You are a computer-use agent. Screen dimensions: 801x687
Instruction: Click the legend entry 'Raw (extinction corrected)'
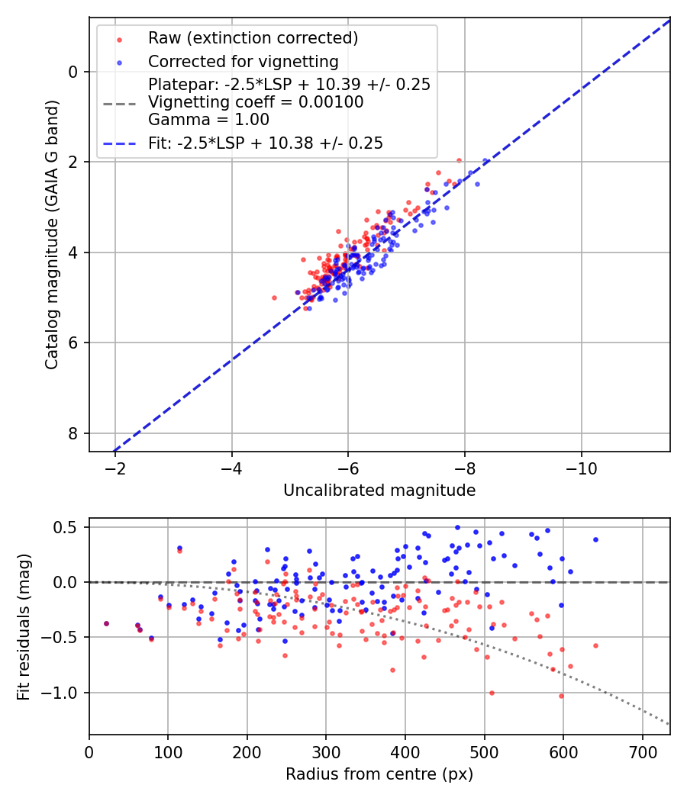pos(253,38)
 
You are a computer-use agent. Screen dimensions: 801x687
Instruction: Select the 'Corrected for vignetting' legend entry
pos(243,61)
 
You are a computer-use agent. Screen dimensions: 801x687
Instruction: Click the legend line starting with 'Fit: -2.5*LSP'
pos(265,143)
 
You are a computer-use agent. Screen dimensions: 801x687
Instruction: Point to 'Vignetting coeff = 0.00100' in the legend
pos(256,101)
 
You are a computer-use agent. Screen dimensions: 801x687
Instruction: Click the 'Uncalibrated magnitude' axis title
pos(379,491)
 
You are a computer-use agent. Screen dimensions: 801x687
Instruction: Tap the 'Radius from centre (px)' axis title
pos(379,774)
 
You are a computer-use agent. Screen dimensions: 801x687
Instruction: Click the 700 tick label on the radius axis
pos(642,751)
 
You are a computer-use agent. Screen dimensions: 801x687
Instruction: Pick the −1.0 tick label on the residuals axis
pos(65,693)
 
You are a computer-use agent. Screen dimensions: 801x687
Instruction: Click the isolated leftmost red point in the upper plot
pos(274,298)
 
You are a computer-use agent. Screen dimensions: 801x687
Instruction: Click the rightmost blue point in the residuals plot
pos(595,539)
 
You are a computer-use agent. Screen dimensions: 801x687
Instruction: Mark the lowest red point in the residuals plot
pos(561,696)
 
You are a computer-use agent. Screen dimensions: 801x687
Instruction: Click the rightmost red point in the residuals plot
pos(595,645)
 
